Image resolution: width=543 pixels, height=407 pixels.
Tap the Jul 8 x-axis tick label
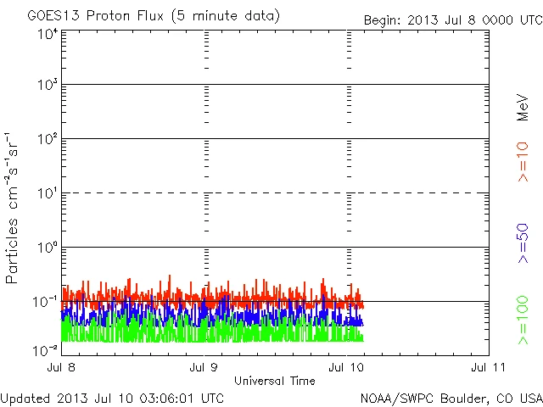coord(63,367)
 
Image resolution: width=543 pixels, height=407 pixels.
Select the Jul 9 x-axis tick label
coord(205,367)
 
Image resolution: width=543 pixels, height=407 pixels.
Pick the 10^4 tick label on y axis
coord(48,34)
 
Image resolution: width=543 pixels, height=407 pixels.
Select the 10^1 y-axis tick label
coord(48,195)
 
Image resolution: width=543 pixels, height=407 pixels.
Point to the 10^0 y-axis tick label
coord(48,249)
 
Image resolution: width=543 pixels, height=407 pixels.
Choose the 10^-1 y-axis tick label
coord(46,303)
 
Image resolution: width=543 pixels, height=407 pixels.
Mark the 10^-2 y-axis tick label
coord(46,349)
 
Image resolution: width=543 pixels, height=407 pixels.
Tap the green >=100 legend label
coord(523,321)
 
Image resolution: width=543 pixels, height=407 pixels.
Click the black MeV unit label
coord(523,108)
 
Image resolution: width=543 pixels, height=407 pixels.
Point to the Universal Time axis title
coord(274,381)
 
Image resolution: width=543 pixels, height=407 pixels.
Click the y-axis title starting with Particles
coord(13,207)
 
